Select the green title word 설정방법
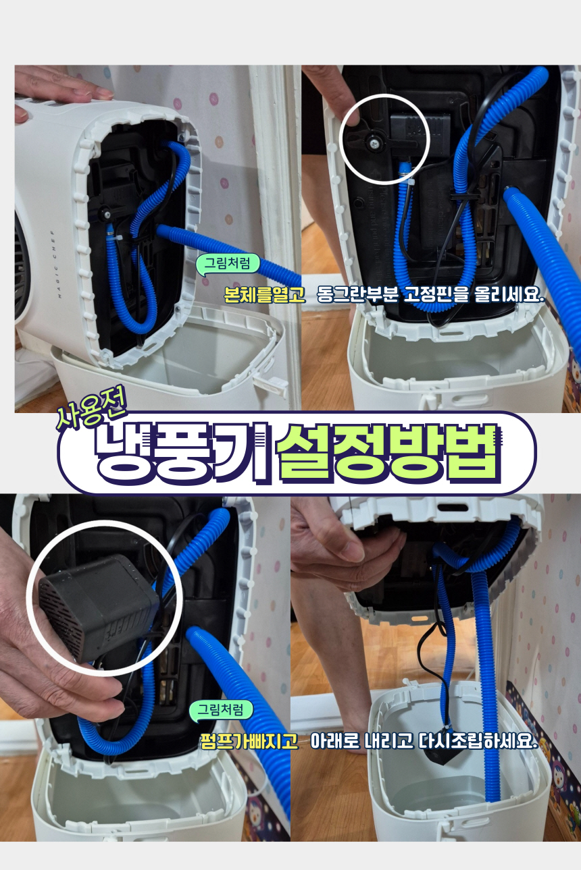pos(387,453)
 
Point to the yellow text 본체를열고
pos(264,295)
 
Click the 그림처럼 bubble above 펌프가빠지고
pos(221,709)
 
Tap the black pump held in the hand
pos(99,609)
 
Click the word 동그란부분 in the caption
pos(357,295)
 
